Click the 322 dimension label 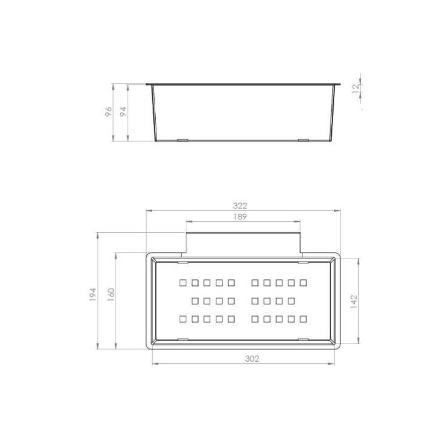(x=240, y=206)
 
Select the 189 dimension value (x=240, y=216)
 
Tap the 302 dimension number (x=252, y=359)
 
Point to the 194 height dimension (x=93, y=295)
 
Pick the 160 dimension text (x=111, y=295)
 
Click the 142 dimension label (x=354, y=302)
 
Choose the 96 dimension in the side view (x=109, y=112)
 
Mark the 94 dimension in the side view (x=123, y=112)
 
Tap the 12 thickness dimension (x=356, y=88)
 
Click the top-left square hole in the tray (x=183, y=282)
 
